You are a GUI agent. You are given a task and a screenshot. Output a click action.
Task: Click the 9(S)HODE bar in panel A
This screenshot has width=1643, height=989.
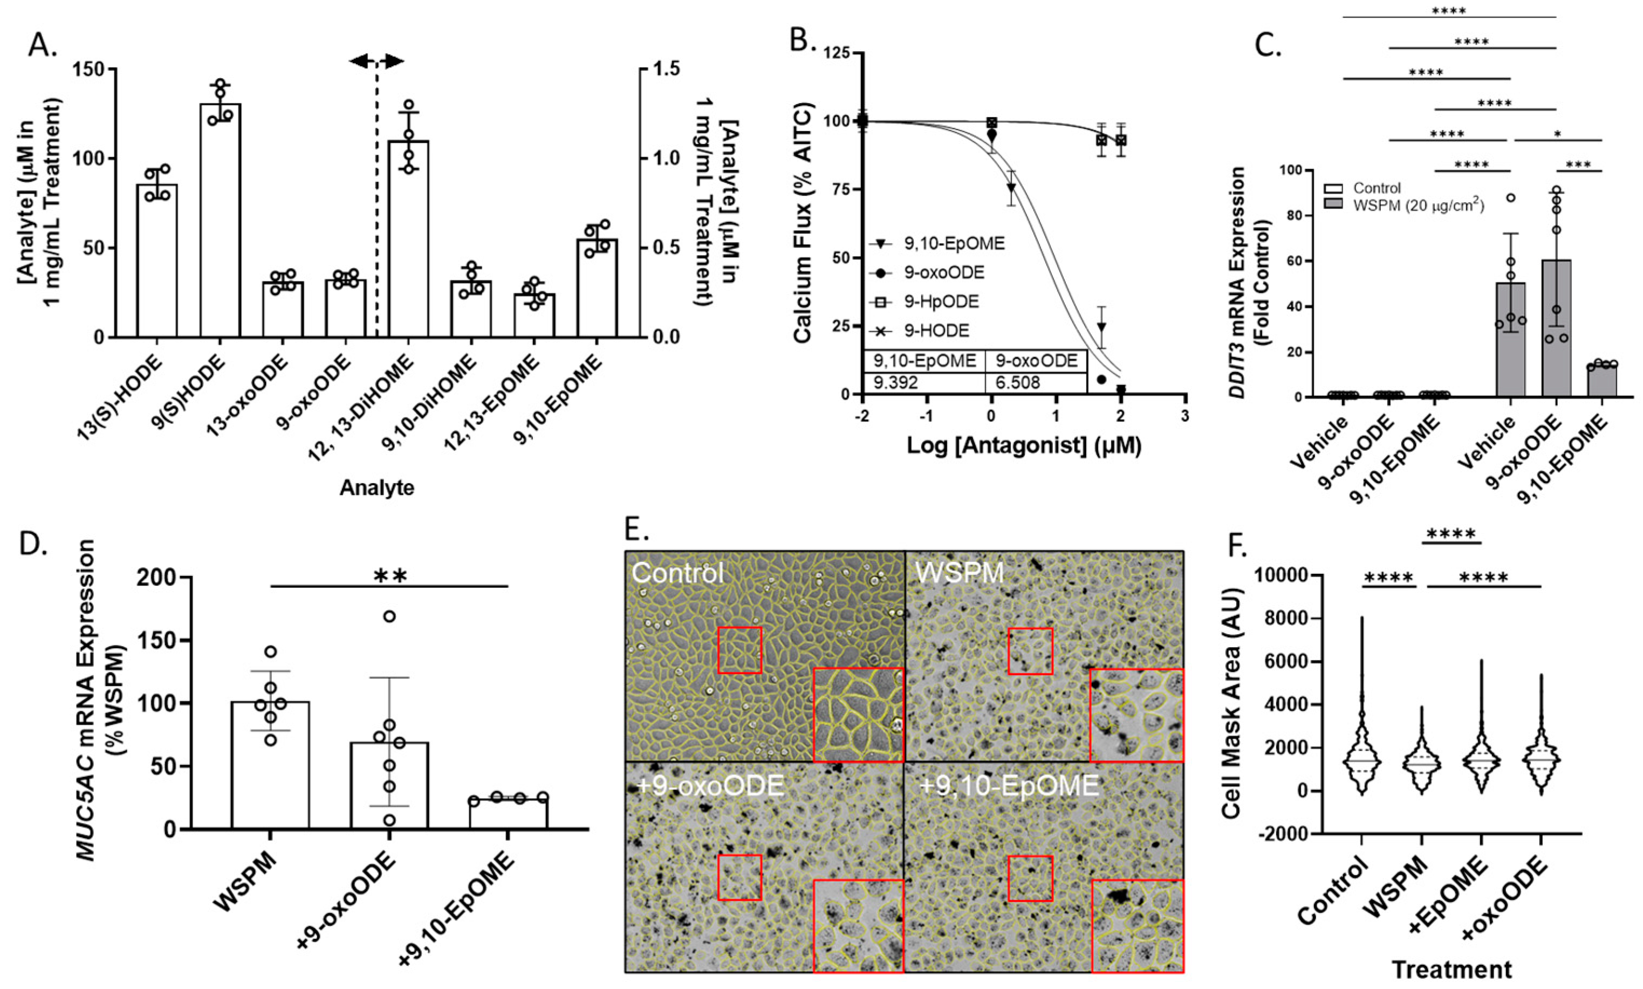(x=220, y=220)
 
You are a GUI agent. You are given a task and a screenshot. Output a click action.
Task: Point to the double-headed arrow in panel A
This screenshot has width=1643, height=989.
(x=376, y=62)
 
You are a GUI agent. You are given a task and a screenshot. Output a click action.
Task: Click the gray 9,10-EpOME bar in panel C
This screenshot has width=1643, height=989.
(x=1601, y=381)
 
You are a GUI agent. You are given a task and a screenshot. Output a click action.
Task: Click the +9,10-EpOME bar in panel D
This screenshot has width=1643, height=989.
(x=508, y=813)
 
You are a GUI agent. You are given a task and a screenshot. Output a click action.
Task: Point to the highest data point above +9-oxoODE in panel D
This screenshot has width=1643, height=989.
(x=389, y=616)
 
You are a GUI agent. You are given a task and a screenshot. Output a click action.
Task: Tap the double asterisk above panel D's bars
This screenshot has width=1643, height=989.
(x=390, y=575)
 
